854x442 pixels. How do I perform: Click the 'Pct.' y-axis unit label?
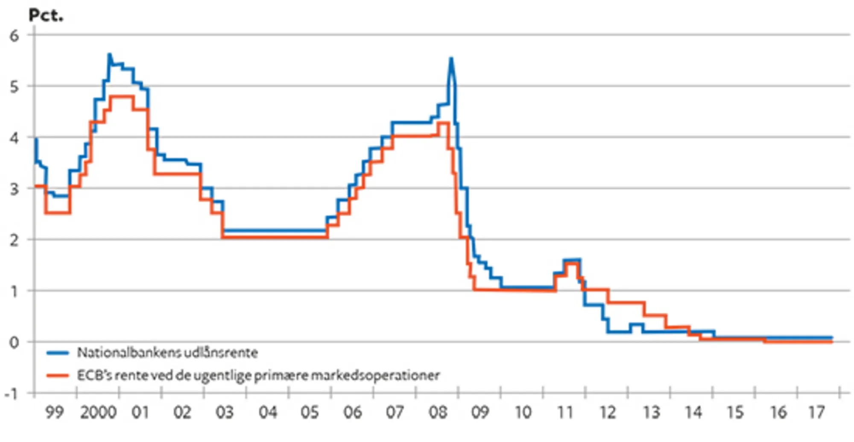(46, 15)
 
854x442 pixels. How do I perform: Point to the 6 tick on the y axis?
(15, 35)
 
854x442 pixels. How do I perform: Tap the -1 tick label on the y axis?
(12, 393)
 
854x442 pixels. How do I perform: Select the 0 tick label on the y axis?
(15, 342)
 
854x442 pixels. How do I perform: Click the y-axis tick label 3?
(15, 189)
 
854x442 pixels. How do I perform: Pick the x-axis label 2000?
(98, 413)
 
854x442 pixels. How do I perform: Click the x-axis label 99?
(54, 413)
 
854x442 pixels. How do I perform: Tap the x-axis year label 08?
(438, 413)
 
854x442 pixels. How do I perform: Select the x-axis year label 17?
(816, 413)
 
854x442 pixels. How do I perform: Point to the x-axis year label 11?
(565, 413)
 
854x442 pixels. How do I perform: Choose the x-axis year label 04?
(268, 413)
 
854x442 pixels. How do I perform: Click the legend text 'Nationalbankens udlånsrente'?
(167, 353)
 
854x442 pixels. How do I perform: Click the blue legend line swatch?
(58, 353)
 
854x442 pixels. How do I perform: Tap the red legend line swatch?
(58, 375)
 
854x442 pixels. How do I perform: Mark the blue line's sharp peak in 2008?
(451, 58)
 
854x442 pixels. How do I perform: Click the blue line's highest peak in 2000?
(109, 54)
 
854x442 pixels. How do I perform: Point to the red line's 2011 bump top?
(572, 263)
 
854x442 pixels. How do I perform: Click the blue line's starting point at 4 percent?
(35, 139)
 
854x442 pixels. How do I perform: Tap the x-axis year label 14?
(693, 413)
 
